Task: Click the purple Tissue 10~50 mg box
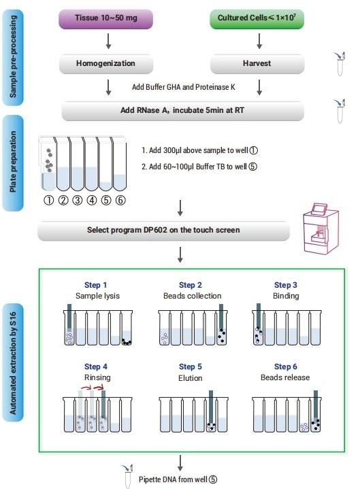pos(105,19)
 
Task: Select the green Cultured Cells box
pos(257,19)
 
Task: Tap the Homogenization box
pos(106,64)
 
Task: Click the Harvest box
pos(257,64)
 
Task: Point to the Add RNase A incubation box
pos(182,111)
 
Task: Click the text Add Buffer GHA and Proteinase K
pos(184,87)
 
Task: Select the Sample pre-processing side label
pos(13,57)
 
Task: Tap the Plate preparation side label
pos(13,163)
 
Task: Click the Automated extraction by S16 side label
pos(13,362)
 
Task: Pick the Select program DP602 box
pos(163,231)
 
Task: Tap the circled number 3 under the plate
pos(78,200)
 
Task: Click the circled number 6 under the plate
pos(120,200)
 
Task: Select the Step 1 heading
pos(95,285)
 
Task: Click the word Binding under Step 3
pos(286,296)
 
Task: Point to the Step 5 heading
pos(191,367)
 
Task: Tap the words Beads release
pos(285,377)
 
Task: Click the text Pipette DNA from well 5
pos(178,479)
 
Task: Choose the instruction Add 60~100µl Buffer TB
pos(199,167)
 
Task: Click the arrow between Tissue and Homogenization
pos(108,41)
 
